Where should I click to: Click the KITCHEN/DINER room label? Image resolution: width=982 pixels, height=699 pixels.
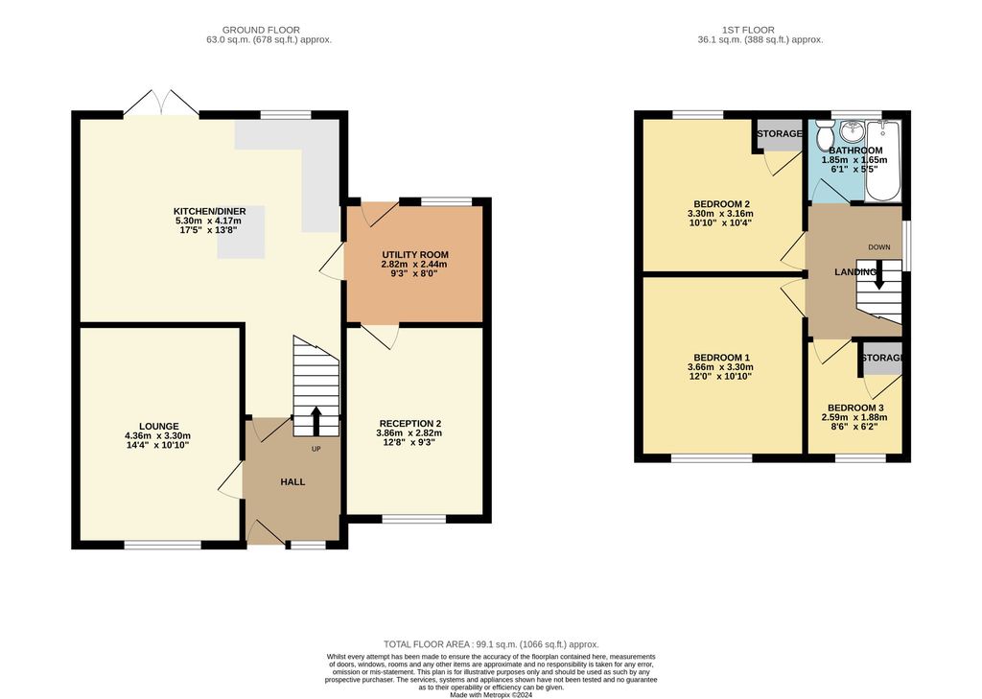207,211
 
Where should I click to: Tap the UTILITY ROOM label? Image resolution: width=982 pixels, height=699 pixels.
414,254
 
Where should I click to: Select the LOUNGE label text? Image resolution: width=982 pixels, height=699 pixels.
158,426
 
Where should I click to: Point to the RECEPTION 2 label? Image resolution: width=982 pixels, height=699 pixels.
409,423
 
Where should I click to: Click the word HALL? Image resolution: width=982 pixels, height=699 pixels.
292,481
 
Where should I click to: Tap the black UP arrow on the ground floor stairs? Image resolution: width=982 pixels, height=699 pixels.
316,420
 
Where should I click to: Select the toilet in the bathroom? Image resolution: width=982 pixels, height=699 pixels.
823,138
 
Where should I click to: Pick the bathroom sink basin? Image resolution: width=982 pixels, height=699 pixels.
851,132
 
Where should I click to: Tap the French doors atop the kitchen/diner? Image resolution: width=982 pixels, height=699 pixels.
160,104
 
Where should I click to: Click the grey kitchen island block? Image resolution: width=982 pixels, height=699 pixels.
241,233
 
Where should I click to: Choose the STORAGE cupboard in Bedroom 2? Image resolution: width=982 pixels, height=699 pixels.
779,134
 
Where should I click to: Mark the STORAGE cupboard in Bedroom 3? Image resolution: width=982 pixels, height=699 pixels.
881,359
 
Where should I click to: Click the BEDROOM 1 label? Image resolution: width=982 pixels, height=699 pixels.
720,356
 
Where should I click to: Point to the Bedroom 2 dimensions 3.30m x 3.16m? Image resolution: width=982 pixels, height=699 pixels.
720,213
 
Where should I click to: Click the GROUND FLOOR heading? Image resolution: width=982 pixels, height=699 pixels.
269,30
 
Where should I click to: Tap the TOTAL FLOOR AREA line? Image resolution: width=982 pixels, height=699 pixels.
490,644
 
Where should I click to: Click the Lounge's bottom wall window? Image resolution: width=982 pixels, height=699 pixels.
162,545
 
